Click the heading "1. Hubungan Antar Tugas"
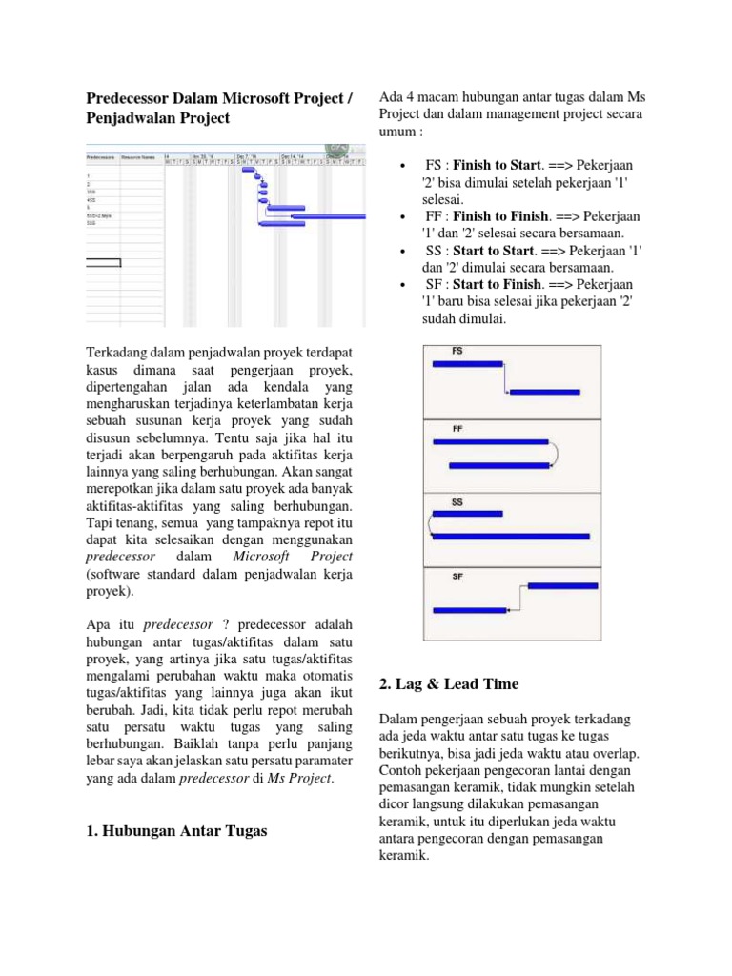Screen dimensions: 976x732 (176, 831)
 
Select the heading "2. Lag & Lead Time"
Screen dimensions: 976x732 (448, 683)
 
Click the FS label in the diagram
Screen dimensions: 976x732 (457, 352)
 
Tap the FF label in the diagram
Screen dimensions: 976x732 (458, 428)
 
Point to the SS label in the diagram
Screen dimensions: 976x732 (457, 502)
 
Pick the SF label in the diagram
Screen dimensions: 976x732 (458, 576)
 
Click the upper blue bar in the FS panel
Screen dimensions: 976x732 (467, 364)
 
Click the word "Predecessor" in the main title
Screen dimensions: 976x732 (132, 97)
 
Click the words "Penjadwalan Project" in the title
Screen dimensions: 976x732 (158, 118)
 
